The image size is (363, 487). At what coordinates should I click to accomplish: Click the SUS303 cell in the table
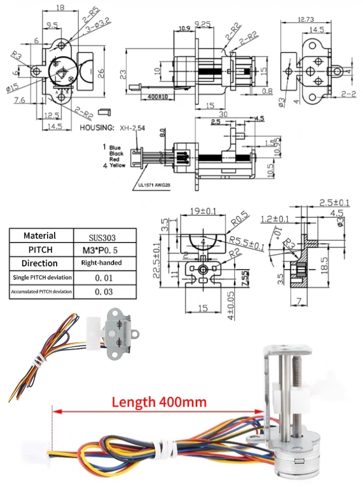(x=105, y=236)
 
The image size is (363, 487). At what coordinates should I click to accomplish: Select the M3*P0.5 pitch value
(x=105, y=250)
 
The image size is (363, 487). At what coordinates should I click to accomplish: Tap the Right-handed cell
(x=105, y=263)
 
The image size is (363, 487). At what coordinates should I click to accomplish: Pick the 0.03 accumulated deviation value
(x=105, y=291)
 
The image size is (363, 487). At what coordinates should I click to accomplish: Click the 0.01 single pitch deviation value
(x=105, y=277)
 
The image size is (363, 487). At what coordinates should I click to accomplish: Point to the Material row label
(x=40, y=235)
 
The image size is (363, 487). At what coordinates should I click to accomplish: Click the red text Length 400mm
(x=159, y=402)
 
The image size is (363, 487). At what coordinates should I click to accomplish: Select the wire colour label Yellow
(x=117, y=166)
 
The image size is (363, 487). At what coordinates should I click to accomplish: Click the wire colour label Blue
(x=115, y=148)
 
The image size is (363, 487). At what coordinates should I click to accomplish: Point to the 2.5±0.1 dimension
(x=334, y=203)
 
